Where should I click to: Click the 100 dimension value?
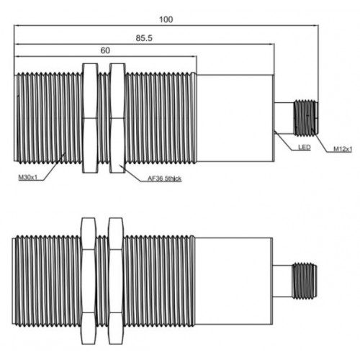tap(166, 19)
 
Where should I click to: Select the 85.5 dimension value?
tap(144, 38)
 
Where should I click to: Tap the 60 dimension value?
tap(105, 50)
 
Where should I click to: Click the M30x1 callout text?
tap(28, 178)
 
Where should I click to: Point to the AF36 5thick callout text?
tap(164, 179)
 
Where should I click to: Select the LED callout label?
tap(305, 147)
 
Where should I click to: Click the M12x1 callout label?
tap(343, 149)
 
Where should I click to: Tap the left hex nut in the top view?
tap(90, 118)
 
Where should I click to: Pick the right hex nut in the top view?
tap(117, 118)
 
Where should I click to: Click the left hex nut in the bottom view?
tap(89, 281)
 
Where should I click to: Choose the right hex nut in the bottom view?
tap(116, 281)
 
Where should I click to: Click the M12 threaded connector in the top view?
tap(306, 118)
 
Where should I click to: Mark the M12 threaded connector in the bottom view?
tap(305, 281)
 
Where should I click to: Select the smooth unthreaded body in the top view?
tap(235, 118)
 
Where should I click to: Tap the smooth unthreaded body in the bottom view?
tap(234, 281)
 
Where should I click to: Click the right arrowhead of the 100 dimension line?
tap(315, 25)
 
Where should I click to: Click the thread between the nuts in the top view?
tap(104, 118)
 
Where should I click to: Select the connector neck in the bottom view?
tap(283, 281)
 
